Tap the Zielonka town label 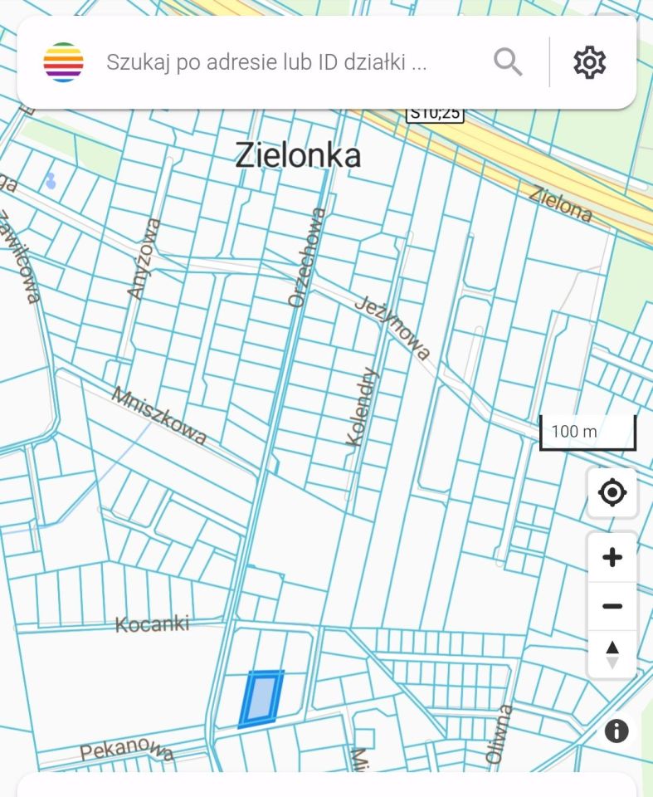(298, 155)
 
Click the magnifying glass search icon (508, 62)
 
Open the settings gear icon (589, 62)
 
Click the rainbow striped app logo (64, 62)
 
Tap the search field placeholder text (266, 62)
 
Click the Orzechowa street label (306, 257)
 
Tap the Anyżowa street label (144, 258)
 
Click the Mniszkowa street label (158, 415)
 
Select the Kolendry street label (363, 407)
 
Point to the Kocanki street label (153, 623)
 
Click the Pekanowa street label (127, 750)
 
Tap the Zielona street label (562, 204)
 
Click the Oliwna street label (497, 734)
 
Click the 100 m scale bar (587, 432)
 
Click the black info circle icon (616, 731)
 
